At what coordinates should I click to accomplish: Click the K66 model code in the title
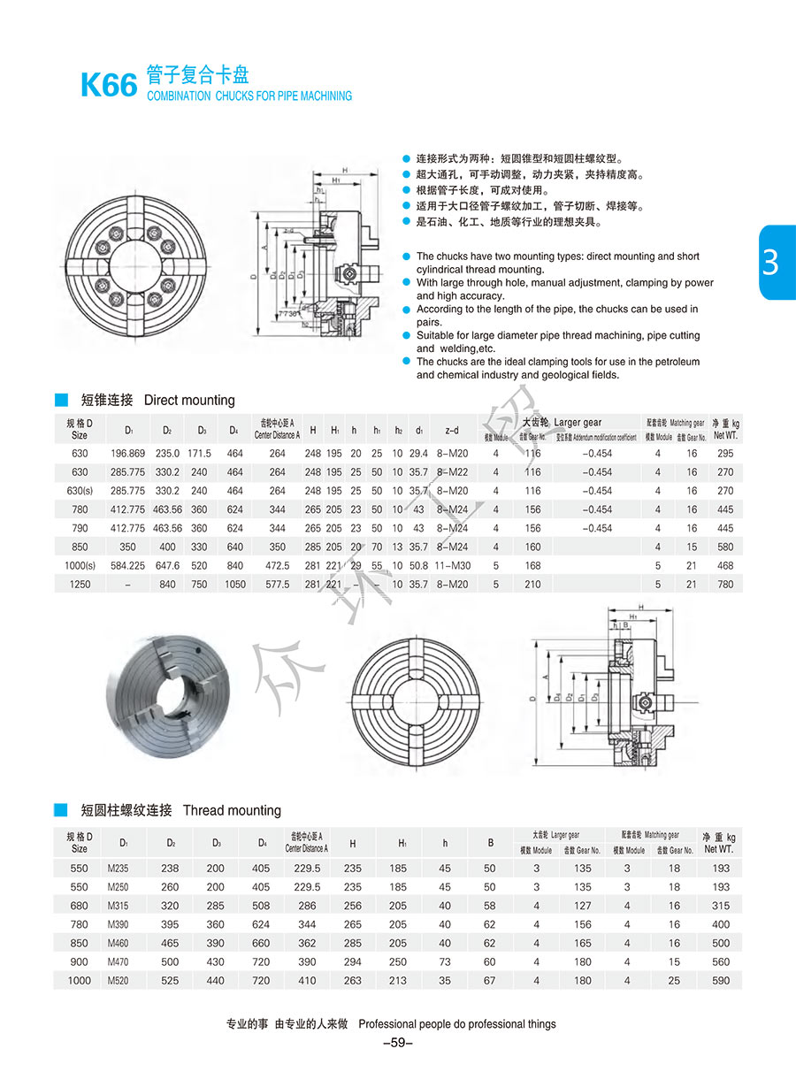pyautogui.click(x=109, y=86)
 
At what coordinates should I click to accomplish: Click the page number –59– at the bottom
pyautogui.click(x=398, y=1043)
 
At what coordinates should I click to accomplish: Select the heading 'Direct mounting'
pyautogui.click(x=189, y=400)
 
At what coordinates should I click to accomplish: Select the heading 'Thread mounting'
pyautogui.click(x=232, y=810)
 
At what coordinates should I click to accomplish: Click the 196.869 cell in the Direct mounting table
pyautogui.click(x=128, y=454)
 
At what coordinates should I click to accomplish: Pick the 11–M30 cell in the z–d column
pyautogui.click(x=452, y=565)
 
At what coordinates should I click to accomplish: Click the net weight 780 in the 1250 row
pyautogui.click(x=725, y=584)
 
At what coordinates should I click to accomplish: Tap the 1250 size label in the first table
pyautogui.click(x=80, y=584)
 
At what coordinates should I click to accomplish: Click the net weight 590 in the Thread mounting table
pyautogui.click(x=721, y=980)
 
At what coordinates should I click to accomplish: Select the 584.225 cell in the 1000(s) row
pyautogui.click(x=128, y=565)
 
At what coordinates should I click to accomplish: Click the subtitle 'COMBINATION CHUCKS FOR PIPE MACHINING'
pyautogui.click(x=249, y=96)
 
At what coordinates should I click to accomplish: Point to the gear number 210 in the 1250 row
pyautogui.click(x=532, y=584)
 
